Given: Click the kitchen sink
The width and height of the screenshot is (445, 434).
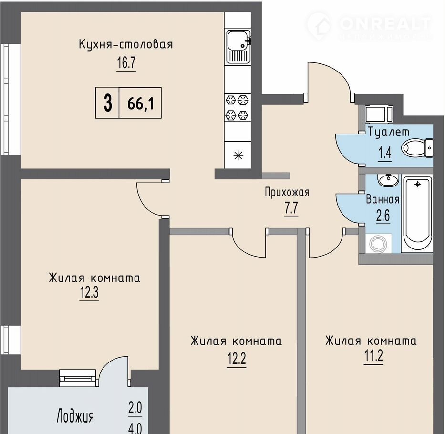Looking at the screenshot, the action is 238,47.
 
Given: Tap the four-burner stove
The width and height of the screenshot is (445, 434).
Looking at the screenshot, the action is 237,108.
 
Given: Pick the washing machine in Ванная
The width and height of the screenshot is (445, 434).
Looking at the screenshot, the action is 379,244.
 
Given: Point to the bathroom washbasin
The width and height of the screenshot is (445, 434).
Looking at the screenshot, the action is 388,181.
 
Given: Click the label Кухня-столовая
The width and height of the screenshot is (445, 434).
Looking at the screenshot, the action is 126,44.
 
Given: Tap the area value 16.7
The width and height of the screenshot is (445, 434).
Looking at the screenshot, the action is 126,62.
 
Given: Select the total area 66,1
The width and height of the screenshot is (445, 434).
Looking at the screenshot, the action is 141,103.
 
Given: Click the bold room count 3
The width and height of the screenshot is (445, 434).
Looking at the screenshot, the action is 108,103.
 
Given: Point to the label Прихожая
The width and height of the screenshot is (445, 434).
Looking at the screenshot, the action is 287,192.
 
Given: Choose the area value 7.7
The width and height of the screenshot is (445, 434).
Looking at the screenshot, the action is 291,208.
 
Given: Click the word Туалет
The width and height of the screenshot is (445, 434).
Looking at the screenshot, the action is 389,132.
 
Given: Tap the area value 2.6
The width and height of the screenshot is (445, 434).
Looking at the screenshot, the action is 383,216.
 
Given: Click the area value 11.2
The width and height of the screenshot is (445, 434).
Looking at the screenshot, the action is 373,355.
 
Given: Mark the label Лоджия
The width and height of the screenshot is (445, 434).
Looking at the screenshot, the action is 75,416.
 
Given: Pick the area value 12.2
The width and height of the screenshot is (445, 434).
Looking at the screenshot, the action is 237,359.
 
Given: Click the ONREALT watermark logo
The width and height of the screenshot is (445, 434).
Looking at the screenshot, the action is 369,26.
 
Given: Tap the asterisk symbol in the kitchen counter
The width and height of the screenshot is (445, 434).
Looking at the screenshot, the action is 238,155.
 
